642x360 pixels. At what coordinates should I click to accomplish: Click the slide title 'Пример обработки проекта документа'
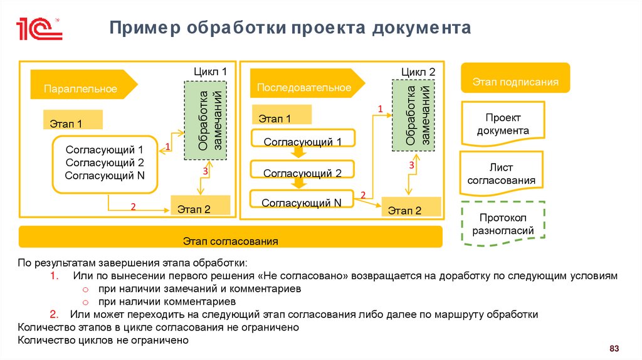pyautogui.click(x=290, y=29)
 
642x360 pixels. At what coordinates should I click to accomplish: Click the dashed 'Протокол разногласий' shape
pyautogui.click(x=503, y=224)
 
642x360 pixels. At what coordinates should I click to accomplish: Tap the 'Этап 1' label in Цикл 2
pyautogui.click(x=282, y=115)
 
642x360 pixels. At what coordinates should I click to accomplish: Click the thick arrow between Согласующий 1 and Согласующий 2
pyautogui.click(x=299, y=154)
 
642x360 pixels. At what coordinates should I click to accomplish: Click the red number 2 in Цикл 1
pyautogui.click(x=133, y=206)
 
